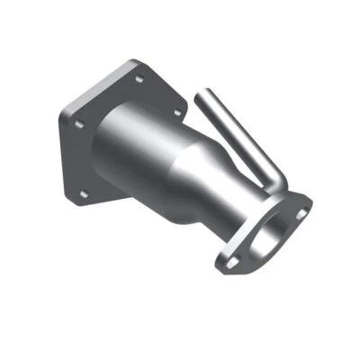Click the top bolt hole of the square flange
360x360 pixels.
click(x=138, y=79)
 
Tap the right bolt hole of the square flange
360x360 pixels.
click(x=176, y=112)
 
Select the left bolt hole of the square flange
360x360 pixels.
click(x=76, y=124)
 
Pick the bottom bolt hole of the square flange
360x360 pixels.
click(x=85, y=193)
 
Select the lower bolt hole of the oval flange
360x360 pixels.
click(x=226, y=262)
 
